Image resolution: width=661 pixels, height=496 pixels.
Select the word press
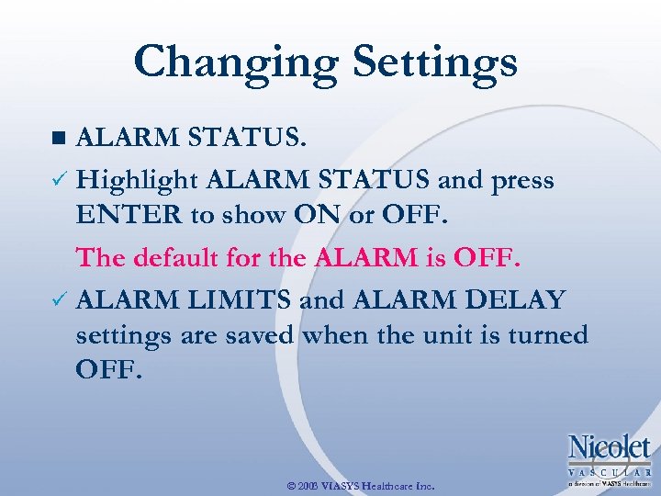click(x=523, y=180)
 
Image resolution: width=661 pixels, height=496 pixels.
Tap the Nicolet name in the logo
click(x=609, y=448)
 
